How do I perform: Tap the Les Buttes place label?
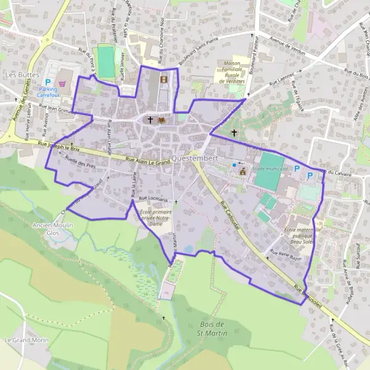point(18,74)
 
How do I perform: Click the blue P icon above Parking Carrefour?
point(47,81)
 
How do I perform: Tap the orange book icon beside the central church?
point(162,120)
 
